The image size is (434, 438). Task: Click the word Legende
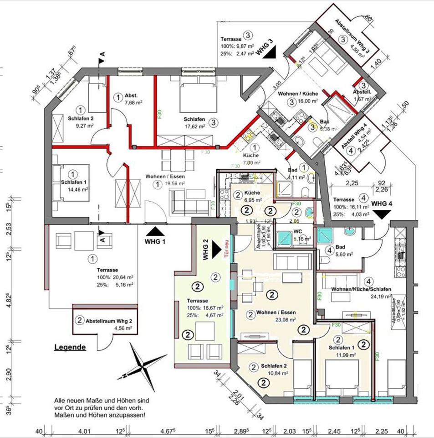[x=70, y=347]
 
